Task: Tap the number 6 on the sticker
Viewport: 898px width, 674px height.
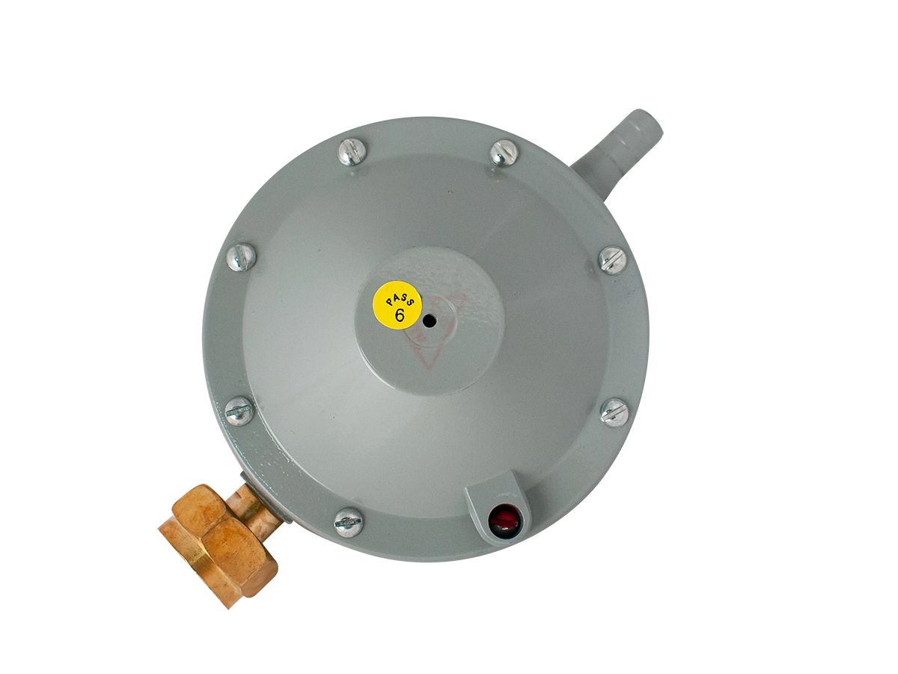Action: pos(400,315)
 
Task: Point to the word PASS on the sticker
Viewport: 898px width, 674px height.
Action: pos(403,298)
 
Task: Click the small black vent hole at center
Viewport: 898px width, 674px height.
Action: pos(429,322)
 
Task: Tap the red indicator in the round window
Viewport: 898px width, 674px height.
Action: pos(506,521)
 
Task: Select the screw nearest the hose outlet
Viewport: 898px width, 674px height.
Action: pos(504,153)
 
